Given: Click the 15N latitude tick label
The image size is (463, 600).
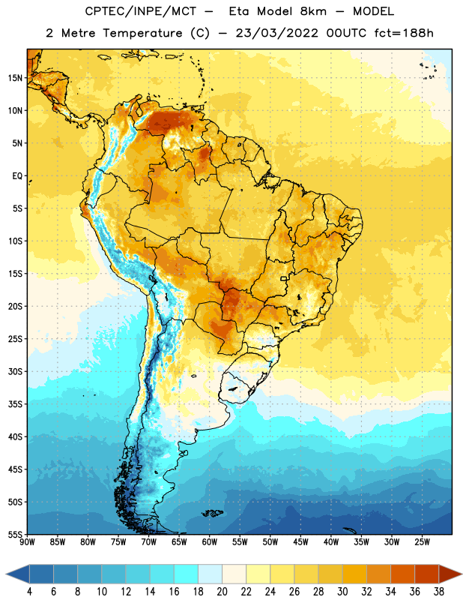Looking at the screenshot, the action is coord(15,78).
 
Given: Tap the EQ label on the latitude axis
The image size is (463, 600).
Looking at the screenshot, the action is coord(17,176).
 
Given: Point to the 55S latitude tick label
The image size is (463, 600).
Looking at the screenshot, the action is coord(15,534).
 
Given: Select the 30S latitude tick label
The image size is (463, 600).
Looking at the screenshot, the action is coord(15,371).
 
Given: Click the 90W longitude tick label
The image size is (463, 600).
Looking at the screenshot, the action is coord(27,541).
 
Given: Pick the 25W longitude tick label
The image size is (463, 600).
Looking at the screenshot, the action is coord(422,541).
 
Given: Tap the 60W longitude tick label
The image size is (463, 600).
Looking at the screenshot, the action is coord(210,541).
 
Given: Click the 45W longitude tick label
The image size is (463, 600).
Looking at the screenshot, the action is coord(300,541).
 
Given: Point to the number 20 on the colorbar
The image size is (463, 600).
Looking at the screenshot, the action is coord(222,592).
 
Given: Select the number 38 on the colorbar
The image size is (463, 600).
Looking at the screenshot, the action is coord(439,592).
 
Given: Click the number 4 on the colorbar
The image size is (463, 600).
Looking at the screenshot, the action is coord(29,592).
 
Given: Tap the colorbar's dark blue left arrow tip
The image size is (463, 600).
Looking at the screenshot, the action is coord(7,574).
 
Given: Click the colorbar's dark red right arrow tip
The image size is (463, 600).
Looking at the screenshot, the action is coord(462,574).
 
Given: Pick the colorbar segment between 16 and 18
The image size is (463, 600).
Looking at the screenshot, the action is coord(187,574).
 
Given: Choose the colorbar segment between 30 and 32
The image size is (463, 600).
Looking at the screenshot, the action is coord(355,574).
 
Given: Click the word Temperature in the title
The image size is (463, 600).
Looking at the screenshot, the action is coord(142,33).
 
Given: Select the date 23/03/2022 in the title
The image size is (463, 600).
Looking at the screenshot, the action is coord(276,33).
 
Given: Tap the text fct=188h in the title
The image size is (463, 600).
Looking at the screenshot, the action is coord(404,33).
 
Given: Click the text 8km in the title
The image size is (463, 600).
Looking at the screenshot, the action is coord(313,11).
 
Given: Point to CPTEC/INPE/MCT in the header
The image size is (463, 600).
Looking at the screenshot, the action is coord(141,11).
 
